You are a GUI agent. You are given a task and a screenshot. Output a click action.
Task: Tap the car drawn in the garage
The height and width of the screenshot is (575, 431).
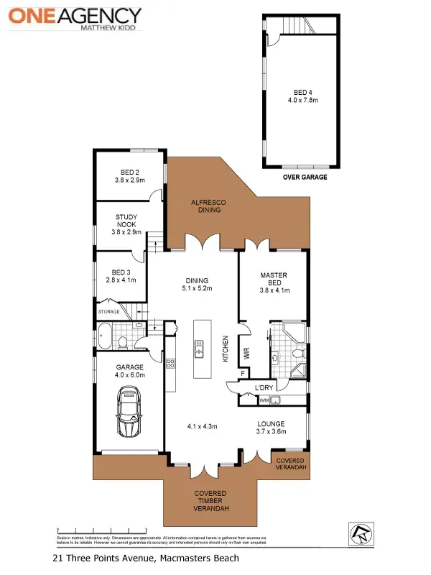(130, 411)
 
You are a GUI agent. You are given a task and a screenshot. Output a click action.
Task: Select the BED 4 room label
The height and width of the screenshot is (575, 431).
(302, 96)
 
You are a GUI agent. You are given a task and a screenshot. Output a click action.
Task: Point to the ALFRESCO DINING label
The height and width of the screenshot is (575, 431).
(208, 207)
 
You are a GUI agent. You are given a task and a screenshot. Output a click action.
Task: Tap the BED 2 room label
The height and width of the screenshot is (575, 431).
(129, 177)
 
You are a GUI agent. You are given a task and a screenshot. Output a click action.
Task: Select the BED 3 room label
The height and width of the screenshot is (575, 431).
(120, 276)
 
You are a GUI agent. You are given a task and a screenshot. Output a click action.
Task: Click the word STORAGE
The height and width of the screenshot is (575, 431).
(109, 311)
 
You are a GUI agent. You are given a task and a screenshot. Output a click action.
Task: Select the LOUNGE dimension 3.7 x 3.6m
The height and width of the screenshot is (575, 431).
(272, 432)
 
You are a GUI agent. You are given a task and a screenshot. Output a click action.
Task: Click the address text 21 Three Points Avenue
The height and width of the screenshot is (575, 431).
(146, 558)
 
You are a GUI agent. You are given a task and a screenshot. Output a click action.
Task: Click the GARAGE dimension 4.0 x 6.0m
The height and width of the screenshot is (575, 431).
(130, 375)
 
